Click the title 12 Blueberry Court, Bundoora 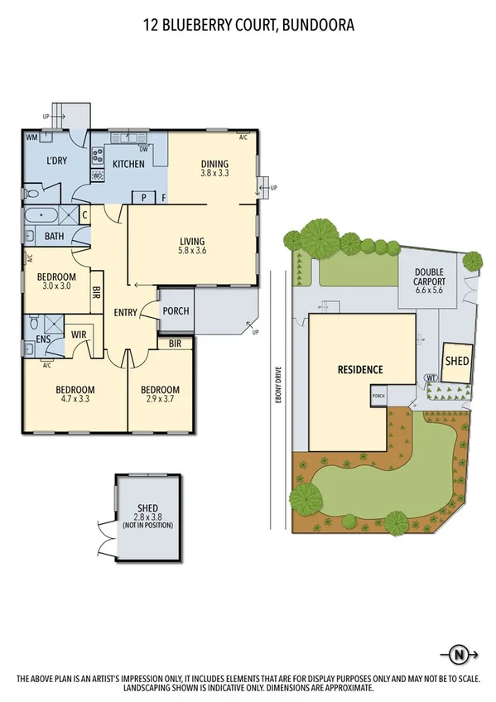coord(248,26)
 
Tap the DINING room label coord(214,163)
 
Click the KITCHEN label coord(128,164)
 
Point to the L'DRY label coord(56,160)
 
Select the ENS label coord(42,339)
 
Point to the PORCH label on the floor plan coord(176,311)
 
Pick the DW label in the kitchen coord(144,149)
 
